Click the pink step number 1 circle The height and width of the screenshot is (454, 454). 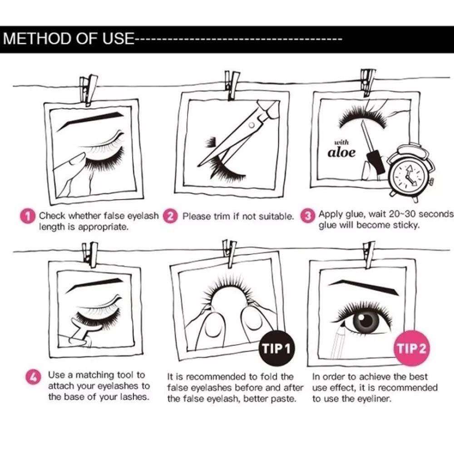point(28,217)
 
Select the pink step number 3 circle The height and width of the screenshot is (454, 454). point(307,216)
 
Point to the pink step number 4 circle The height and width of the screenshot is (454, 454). point(33,377)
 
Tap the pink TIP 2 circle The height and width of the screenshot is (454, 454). point(412,348)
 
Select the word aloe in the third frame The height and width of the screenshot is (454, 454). point(342,152)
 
